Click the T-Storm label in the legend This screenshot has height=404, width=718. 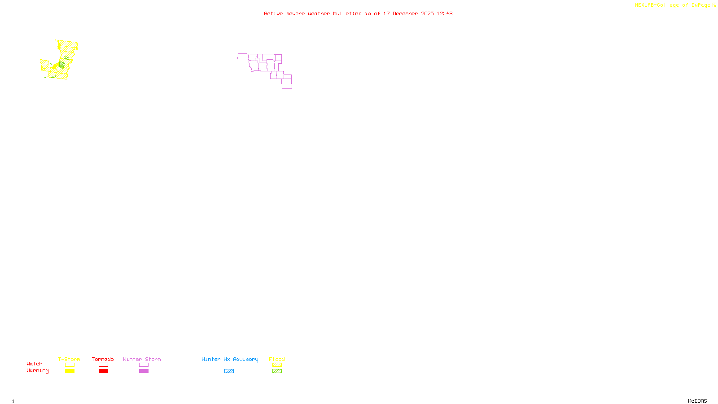click(69, 359)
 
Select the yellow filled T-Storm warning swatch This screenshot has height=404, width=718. click(70, 371)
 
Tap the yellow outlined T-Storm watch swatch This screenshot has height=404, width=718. click(70, 365)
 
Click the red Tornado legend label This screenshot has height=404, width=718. click(103, 359)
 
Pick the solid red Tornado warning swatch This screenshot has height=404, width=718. click(103, 371)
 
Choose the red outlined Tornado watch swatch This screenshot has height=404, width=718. click(103, 365)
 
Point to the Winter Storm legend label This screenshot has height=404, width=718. click(142, 359)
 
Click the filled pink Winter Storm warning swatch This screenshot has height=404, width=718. click(144, 371)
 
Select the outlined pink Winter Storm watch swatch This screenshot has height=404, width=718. click(144, 365)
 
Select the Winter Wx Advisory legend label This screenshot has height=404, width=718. click(230, 359)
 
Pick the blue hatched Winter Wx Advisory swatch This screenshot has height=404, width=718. click(229, 371)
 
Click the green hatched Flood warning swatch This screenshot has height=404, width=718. click(277, 371)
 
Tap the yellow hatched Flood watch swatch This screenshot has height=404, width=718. click(277, 365)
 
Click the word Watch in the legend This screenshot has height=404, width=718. click(35, 364)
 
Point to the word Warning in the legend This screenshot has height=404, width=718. click(37, 371)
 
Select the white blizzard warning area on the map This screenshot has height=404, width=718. click(75, 57)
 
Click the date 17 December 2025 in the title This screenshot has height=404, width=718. click(408, 13)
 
